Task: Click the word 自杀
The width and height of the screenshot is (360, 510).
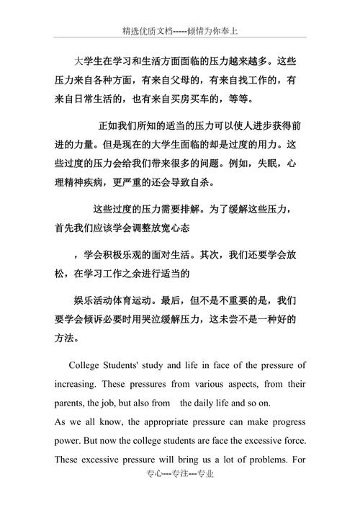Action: pyautogui.click(x=202, y=183)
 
